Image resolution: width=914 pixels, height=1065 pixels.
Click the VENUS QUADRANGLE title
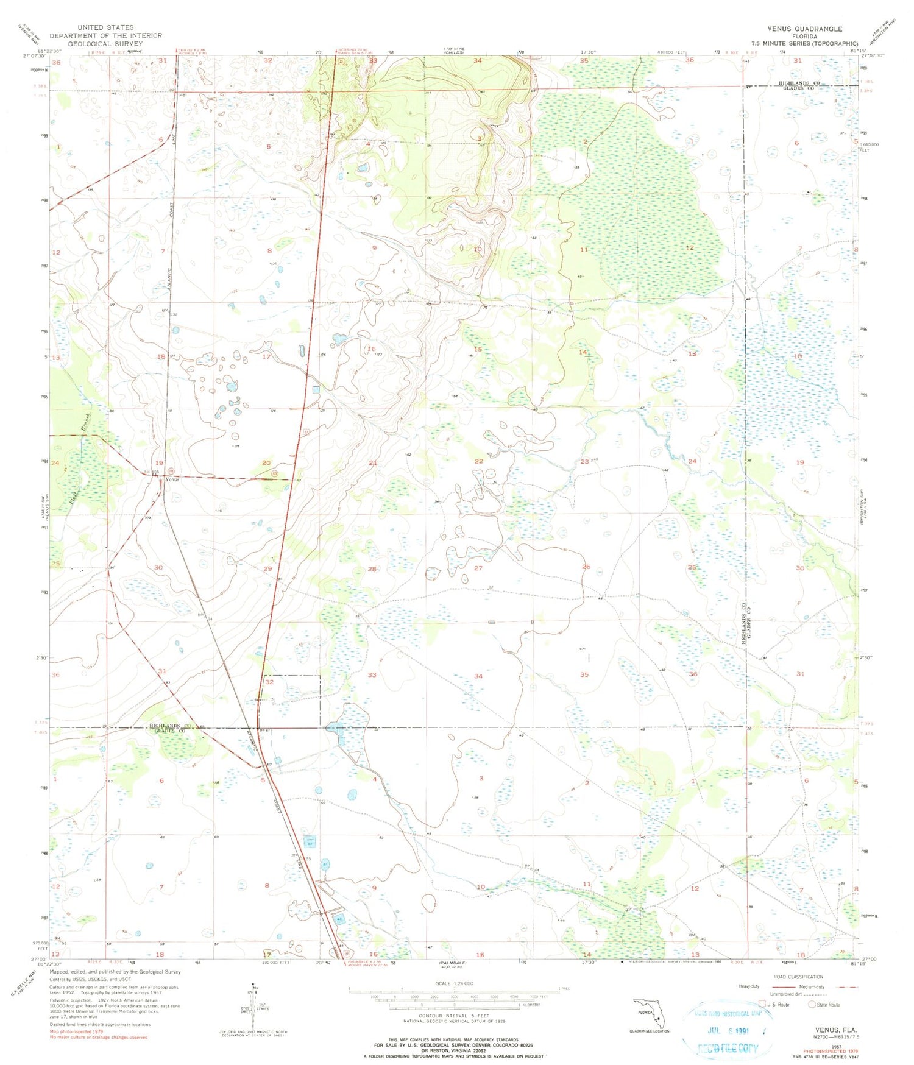point(805,29)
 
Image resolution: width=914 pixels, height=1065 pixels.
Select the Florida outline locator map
point(650,1011)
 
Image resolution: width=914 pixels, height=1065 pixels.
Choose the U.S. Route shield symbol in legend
point(762,1005)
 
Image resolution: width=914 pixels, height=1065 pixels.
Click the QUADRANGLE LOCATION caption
point(650,1031)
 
